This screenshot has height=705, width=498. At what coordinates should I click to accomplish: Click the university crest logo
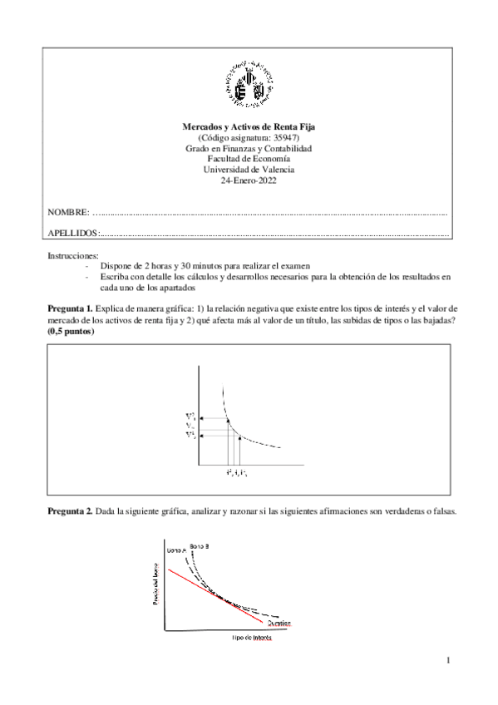249,84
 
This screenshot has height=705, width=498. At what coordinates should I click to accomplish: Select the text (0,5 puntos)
71,332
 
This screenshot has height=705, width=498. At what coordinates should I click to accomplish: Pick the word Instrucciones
73,254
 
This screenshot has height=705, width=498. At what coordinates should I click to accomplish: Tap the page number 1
448,661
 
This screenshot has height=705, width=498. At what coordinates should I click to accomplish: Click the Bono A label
177,550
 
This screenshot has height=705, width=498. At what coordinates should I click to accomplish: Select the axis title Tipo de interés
251,639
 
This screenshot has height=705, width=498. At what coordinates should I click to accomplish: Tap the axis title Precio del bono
155,584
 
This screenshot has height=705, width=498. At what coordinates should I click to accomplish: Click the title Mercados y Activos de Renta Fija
249,126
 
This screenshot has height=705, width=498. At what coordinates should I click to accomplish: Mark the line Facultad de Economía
249,159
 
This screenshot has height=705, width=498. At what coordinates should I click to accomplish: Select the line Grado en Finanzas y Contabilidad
249,148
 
